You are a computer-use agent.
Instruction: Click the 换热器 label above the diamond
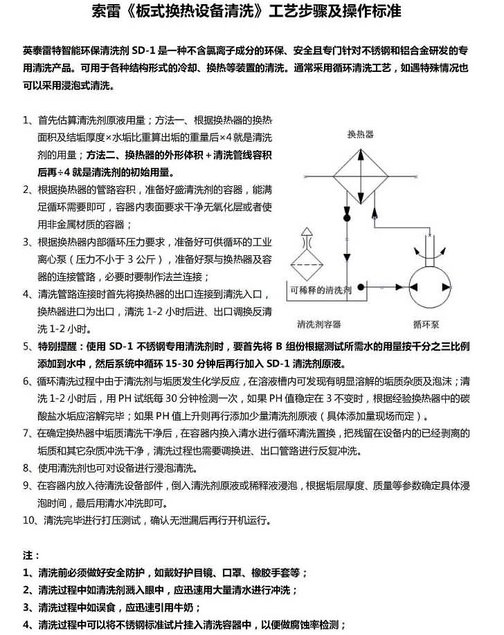tap(360, 134)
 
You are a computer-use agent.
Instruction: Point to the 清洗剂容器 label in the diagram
tap(318, 324)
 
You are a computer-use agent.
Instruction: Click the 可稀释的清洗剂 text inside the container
tap(322, 290)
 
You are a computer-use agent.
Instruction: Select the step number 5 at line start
tap(26, 346)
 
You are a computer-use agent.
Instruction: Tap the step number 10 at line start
tap(29, 519)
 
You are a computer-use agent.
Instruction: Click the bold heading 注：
tap(31, 555)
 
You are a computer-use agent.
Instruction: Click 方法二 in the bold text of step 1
tap(102, 154)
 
